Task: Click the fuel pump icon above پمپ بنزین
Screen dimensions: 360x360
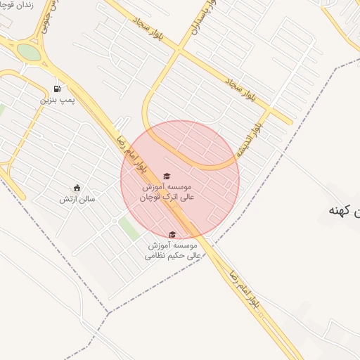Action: pos(56,89)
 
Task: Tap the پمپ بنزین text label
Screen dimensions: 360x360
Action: pos(56,101)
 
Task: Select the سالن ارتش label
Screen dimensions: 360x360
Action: pos(77,199)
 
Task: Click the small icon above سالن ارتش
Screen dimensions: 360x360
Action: pos(77,188)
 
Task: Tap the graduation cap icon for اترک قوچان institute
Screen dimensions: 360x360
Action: pos(167,176)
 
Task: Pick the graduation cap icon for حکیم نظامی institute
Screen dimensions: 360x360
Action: pos(172,235)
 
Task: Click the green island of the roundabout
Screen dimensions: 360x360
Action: pos(29,52)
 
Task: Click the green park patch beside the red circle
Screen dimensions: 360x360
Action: pos(129,227)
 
